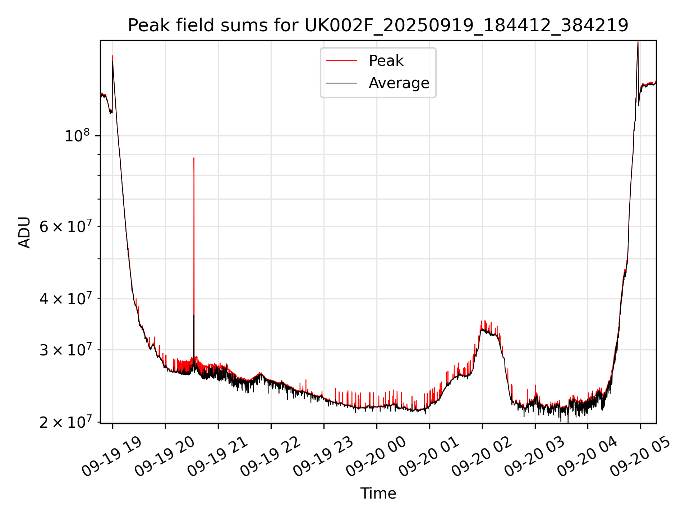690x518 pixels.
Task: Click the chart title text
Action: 378,25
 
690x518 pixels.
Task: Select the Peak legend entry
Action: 386,61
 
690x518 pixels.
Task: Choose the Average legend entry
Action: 399,83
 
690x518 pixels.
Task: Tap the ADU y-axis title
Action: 24,232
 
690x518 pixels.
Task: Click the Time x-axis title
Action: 378,494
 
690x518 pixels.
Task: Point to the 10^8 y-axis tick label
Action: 77,136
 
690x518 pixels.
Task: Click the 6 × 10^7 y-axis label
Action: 65,227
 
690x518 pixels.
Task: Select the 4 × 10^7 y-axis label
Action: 65,299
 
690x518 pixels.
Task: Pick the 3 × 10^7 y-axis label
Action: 65,350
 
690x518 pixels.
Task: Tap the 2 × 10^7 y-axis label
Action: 65,422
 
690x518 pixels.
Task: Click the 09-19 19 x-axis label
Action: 112,456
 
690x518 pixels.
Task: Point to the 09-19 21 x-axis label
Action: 217,456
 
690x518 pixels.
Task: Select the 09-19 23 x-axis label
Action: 323,456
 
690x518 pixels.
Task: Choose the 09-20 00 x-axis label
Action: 376,456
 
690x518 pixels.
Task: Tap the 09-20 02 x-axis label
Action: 482,456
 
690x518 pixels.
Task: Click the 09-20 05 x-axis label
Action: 640,456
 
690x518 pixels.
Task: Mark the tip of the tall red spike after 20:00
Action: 194,158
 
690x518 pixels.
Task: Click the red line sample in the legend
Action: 341,61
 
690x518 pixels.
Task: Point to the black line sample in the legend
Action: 341,83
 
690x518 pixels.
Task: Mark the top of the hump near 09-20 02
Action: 485,321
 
